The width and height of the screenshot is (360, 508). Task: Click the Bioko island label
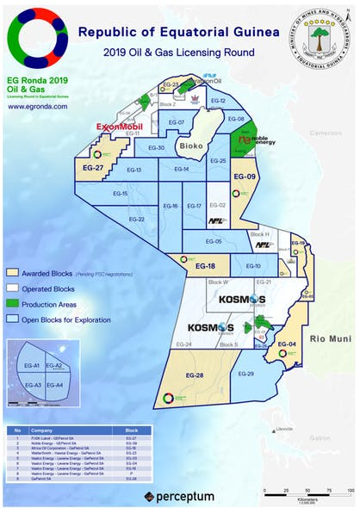[x=192, y=146]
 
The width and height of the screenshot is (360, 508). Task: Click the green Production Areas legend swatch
[x=13, y=304]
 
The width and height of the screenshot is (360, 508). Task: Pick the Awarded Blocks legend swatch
[x=13, y=273]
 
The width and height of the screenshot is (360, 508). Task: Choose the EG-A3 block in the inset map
[x=33, y=385]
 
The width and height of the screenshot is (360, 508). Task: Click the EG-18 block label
[x=205, y=267]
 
